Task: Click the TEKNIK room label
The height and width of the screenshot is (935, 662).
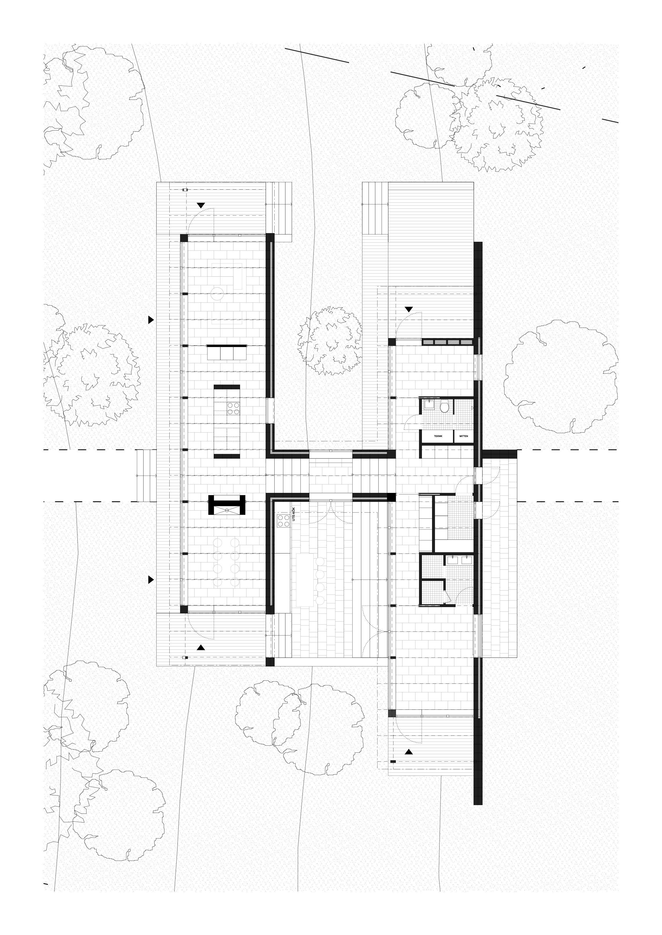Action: point(438,436)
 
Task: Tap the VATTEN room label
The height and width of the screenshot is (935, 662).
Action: point(463,436)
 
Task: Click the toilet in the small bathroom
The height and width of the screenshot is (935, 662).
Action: point(444,407)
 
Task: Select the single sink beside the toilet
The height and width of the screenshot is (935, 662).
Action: point(429,405)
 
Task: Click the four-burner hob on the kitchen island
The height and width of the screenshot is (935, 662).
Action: point(233,409)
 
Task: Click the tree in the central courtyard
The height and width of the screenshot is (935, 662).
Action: point(330,340)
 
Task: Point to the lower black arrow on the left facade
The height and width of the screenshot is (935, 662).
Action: point(151,580)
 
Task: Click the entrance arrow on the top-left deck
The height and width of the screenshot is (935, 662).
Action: point(201,206)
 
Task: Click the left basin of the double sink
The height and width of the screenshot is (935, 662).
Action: point(452,561)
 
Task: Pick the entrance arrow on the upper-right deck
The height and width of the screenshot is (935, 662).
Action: point(409,309)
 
